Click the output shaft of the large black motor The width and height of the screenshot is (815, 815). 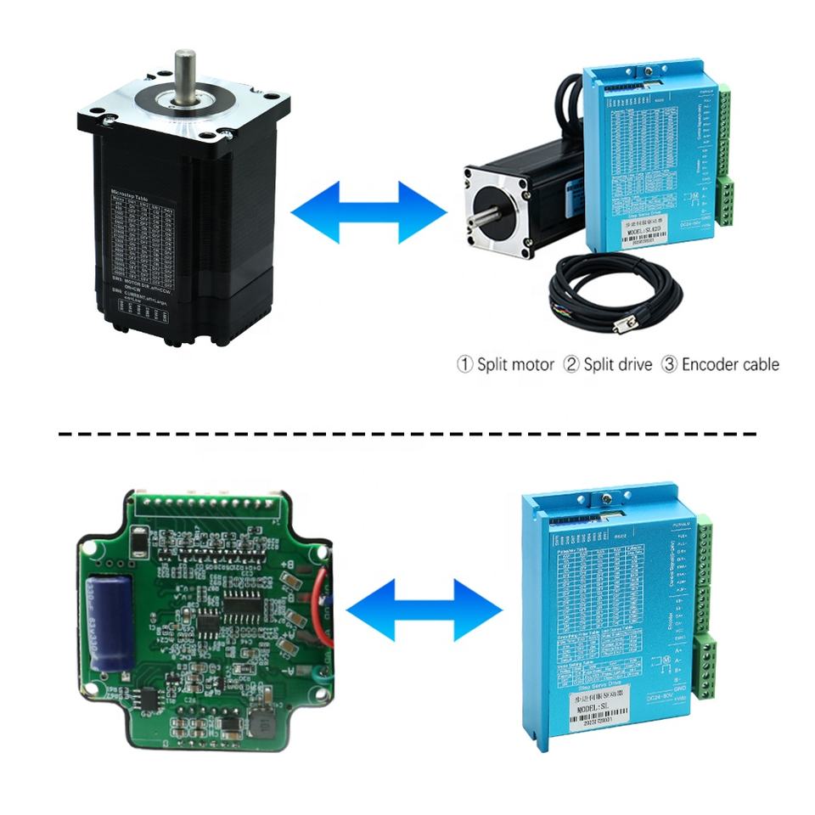[x=185, y=72]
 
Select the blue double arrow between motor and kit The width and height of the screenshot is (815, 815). [x=368, y=208]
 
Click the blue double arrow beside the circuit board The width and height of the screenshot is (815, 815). [x=424, y=610]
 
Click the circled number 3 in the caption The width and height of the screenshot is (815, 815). [x=670, y=365]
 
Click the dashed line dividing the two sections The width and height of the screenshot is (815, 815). [x=407, y=433]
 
